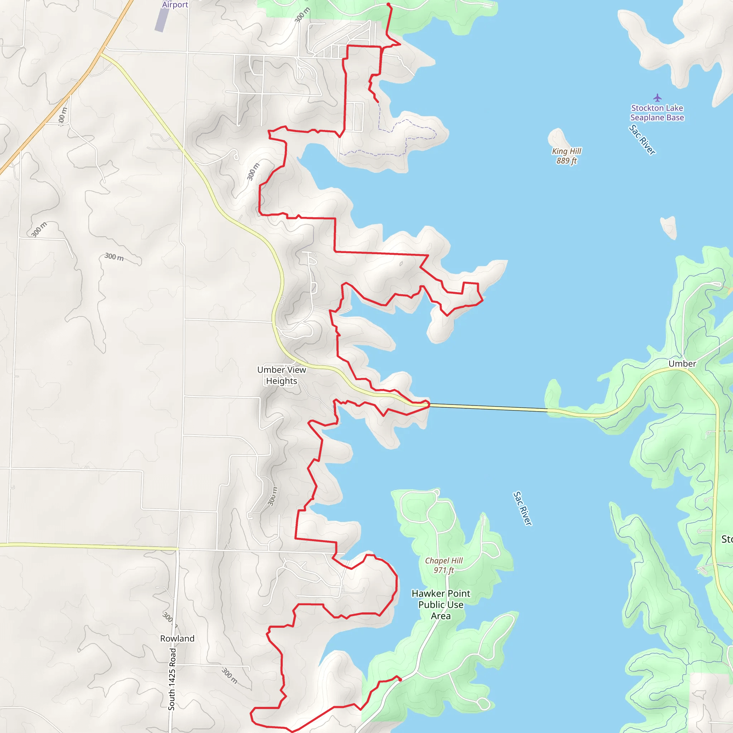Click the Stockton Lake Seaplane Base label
tap(657, 113)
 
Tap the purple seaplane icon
tap(657, 98)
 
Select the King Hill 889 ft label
tap(567, 156)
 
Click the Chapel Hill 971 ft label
tap(443, 565)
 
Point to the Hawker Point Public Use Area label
tap(441, 605)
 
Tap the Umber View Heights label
tap(282, 375)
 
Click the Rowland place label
tap(177, 639)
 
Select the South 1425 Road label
tap(172, 679)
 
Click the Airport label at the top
tap(175, 5)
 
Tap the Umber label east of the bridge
tap(682, 364)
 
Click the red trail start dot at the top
tap(388, 5)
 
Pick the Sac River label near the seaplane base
tap(642, 140)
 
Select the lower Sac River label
tap(523, 508)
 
